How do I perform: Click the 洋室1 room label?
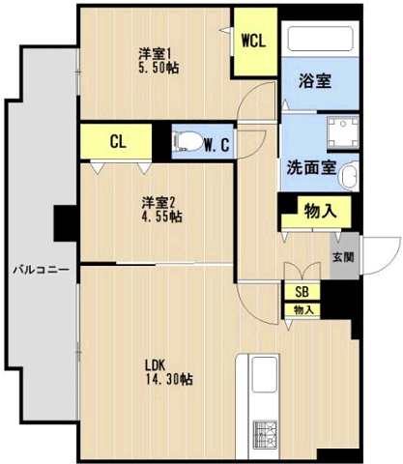point(156,54)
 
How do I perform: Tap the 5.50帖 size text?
point(158,69)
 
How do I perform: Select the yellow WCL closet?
point(255,42)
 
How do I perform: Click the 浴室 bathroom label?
point(316,82)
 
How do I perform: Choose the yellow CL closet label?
point(118,142)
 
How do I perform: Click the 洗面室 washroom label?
point(311,166)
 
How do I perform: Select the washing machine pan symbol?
point(340,133)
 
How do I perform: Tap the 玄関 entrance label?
point(342,257)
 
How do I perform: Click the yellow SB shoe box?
point(302,291)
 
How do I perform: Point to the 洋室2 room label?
point(159,202)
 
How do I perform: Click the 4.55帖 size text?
point(161,217)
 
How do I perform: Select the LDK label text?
point(156,365)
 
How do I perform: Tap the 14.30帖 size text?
point(170,380)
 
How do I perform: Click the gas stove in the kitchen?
point(266,434)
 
